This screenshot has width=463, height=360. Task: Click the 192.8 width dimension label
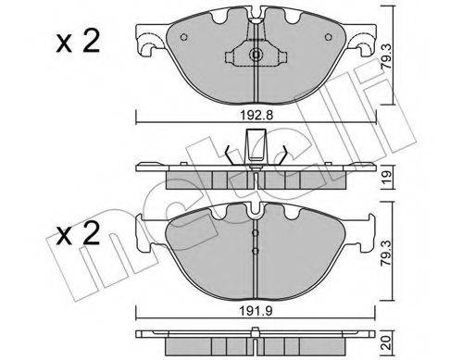pos(257,116)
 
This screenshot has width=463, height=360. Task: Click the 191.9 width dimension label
pos(257,312)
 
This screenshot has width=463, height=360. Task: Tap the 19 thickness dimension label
pos(387,178)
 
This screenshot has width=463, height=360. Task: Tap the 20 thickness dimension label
pos(387,342)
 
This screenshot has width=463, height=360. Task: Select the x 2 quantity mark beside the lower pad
pos(78,234)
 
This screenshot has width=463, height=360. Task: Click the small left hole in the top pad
pos(183,37)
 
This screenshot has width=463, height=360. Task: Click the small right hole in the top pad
pos(329,37)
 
